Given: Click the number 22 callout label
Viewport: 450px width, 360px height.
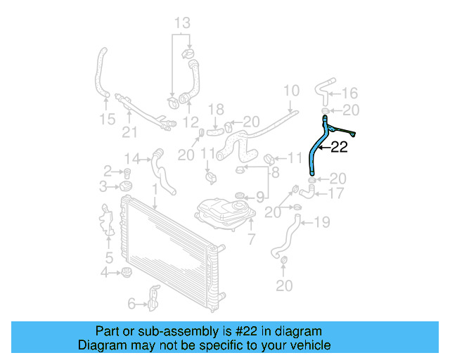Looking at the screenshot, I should tap(339, 148).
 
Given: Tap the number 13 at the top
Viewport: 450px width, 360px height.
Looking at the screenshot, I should tap(182, 24).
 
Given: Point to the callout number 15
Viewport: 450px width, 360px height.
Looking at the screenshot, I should tap(107, 120).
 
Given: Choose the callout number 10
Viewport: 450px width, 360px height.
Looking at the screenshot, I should tap(291, 91).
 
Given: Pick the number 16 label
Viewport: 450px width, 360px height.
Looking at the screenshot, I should tap(349, 94).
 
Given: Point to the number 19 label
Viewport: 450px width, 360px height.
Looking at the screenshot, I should tap(321, 223).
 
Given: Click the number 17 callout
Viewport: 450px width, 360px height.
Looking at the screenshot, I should tap(336, 193).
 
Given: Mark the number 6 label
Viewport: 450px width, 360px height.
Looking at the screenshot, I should tap(131, 303).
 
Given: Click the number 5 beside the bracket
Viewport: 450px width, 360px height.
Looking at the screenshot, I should tap(109, 257).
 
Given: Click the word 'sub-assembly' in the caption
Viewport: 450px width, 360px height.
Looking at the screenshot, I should tap(197, 331).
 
